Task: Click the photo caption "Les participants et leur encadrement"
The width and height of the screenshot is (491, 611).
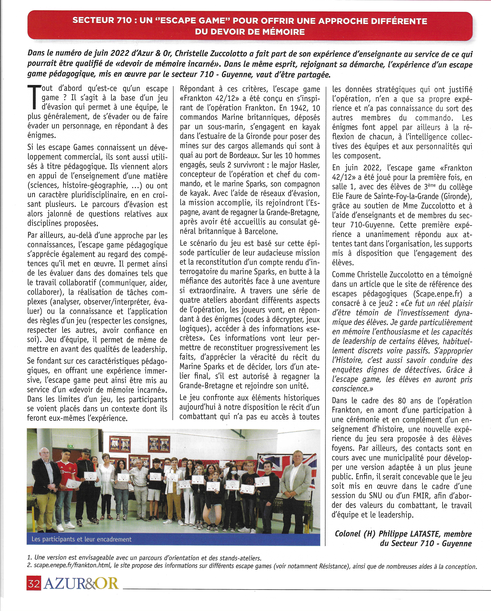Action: (x=82, y=539)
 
